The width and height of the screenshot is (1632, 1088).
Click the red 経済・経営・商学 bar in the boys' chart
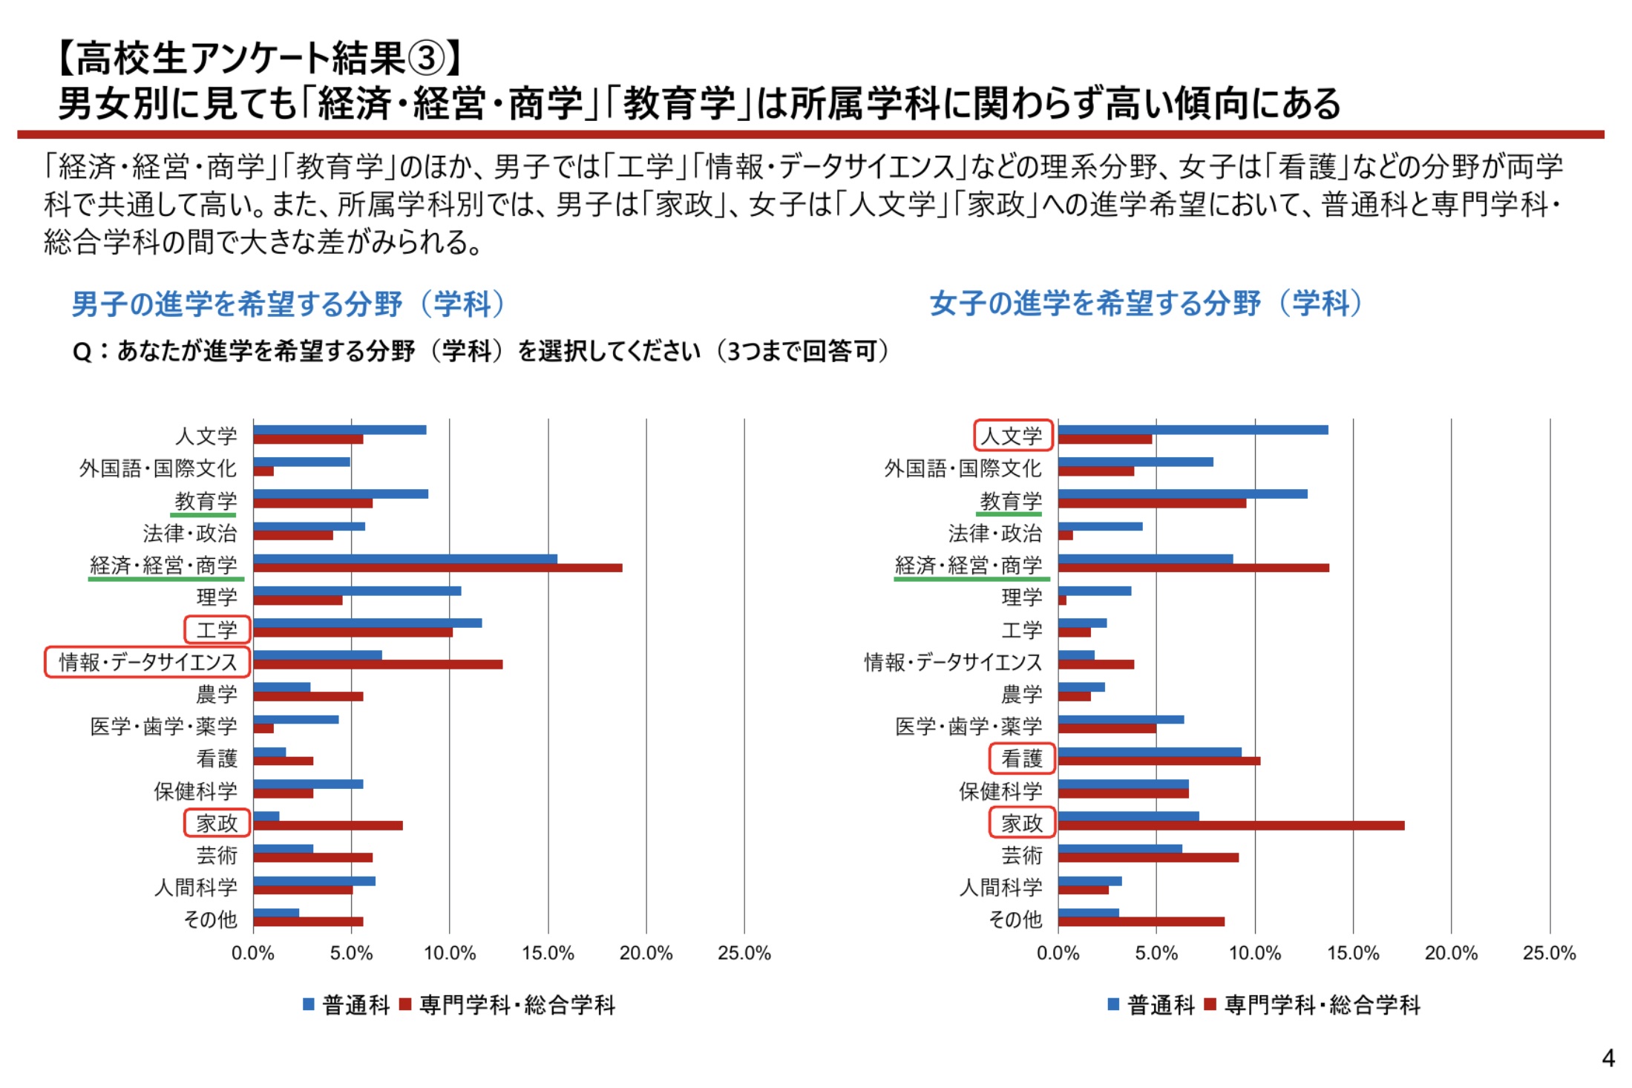point(438,568)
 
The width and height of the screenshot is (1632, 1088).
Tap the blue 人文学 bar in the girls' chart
point(1193,430)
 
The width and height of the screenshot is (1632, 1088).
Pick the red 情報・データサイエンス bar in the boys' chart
point(378,665)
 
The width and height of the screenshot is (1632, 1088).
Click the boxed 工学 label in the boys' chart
point(217,630)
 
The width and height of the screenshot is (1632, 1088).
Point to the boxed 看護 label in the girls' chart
point(1022,758)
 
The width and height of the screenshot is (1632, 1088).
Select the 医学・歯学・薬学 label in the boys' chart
point(163,727)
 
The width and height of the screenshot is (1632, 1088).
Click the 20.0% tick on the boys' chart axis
point(646,954)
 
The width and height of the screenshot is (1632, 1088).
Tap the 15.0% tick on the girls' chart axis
point(1352,954)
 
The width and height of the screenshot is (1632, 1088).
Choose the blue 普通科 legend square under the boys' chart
point(309,1005)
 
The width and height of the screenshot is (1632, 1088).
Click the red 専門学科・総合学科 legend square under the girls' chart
point(1210,1005)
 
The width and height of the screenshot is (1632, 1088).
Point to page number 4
point(1608,1058)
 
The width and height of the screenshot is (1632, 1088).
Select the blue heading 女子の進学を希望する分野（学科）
point(1146,304)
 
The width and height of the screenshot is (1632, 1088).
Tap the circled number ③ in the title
point(426,59)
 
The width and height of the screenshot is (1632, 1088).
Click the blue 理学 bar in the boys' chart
point(357,591)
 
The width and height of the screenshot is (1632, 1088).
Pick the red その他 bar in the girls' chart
point(1141,922)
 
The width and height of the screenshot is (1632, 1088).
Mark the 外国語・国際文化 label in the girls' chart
point(963,468)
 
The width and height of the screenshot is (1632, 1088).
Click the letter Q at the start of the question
point(82,352)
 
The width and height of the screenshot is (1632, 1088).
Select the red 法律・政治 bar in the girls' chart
point(1065,536)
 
